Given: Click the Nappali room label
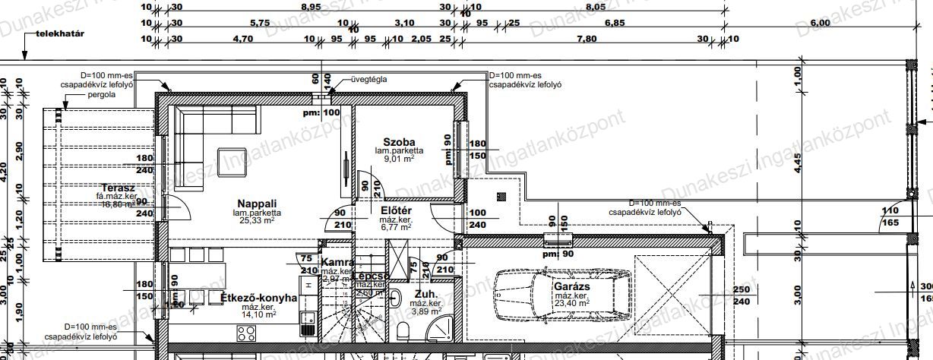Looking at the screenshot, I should pos(255,204).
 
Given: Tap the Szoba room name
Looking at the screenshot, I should pos(398,142).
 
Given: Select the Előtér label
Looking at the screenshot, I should pos(395,210).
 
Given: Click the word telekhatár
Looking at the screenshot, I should pos(65,34).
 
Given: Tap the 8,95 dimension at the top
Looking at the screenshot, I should pos(310,6).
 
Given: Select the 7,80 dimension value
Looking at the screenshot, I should pos(586,39).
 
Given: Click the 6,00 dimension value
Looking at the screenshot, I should pos(821,23).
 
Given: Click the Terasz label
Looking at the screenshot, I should pos(118,187).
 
